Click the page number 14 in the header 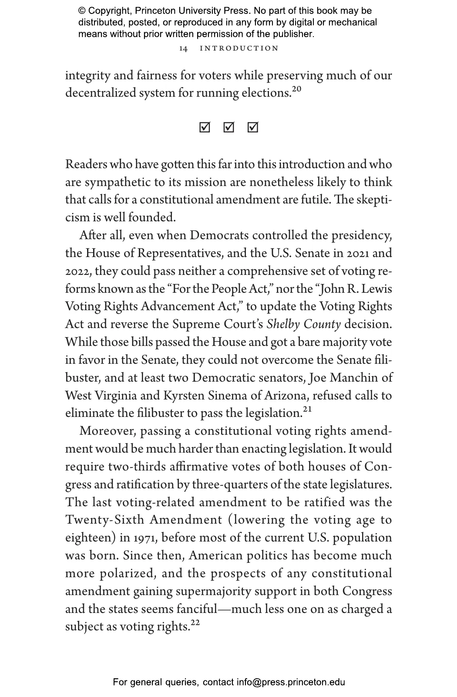point(183,48)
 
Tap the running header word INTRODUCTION point(239,48)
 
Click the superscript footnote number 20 point(296,89)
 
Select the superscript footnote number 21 point(307,409)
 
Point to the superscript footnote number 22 point(195,623)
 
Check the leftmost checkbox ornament point(205,127)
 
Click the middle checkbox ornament point(228,127)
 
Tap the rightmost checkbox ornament point(252,127)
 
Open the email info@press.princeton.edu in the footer point(291,682)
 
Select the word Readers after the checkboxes point(86,165)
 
